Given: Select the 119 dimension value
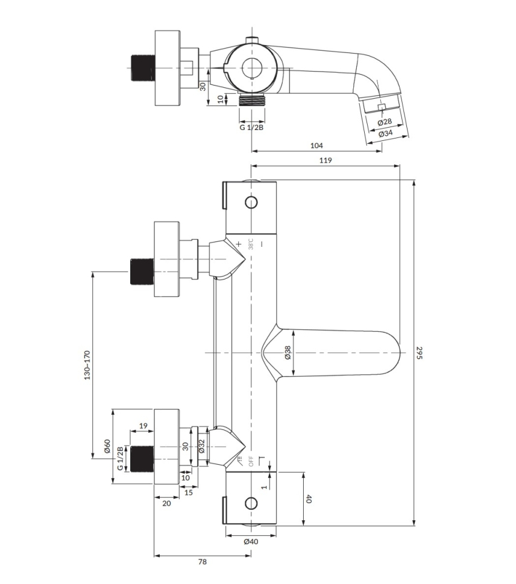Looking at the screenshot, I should [x=326, y=160].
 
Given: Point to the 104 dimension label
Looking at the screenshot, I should [x=317, y=145].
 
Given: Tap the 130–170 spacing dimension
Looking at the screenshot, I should [x=87, y=365].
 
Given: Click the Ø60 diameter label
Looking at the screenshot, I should [x=107, y=446].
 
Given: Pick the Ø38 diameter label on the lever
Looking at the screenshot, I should [x=288, y=352].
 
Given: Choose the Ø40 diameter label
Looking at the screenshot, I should [x=251, y=542].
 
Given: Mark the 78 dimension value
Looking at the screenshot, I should [x=203, y=562].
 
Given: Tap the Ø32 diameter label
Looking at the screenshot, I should [x=201, y=446].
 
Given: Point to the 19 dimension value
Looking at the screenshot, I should [x=143, y=426].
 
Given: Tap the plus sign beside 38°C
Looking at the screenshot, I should [x=239, y=244].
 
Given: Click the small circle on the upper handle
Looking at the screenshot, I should [x=251, y=202].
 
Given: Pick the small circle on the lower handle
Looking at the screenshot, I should [x=251, y=503].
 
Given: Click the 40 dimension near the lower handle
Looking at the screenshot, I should [x=308, y=499].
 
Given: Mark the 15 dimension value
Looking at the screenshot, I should [x=189, y=492].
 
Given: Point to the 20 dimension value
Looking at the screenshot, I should [x=166, y=503].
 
